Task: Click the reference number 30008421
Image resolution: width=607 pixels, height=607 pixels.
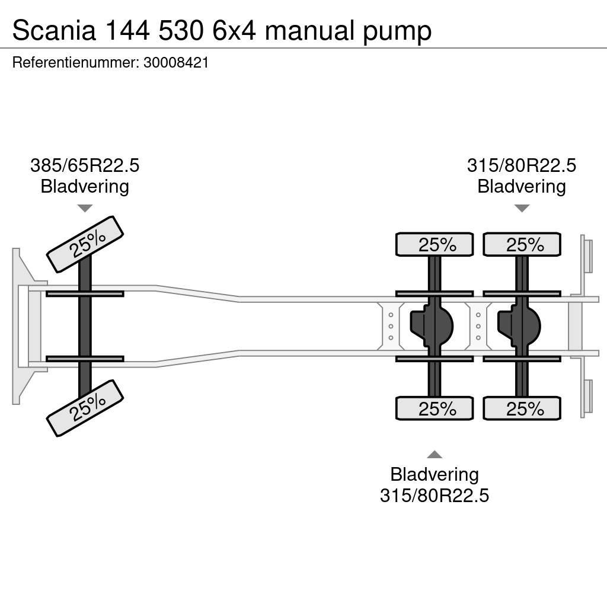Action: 176,63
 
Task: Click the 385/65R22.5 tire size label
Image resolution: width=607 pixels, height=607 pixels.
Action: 85,165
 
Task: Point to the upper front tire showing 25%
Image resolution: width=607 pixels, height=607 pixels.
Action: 85,244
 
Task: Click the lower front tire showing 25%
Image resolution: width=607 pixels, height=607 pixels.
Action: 85,408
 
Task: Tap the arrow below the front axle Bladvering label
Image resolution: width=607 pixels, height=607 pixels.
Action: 85,208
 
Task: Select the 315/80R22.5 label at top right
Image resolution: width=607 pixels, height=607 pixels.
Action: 521,165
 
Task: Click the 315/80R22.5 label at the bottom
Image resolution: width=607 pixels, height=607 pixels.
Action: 434,495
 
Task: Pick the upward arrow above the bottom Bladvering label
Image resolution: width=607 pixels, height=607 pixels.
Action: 435,455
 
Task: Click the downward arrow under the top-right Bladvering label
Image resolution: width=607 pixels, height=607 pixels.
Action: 522,208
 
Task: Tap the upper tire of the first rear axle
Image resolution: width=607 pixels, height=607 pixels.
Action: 435,244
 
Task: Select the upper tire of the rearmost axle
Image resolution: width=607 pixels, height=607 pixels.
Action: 522,244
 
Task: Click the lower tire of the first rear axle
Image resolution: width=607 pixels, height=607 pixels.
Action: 435,408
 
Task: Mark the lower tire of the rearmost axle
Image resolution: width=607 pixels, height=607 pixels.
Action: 522,408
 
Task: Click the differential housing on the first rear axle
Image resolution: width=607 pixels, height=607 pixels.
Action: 432,325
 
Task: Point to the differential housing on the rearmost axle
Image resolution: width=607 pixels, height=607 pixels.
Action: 519,325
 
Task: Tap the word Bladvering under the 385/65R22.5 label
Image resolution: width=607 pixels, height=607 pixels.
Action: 85,187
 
